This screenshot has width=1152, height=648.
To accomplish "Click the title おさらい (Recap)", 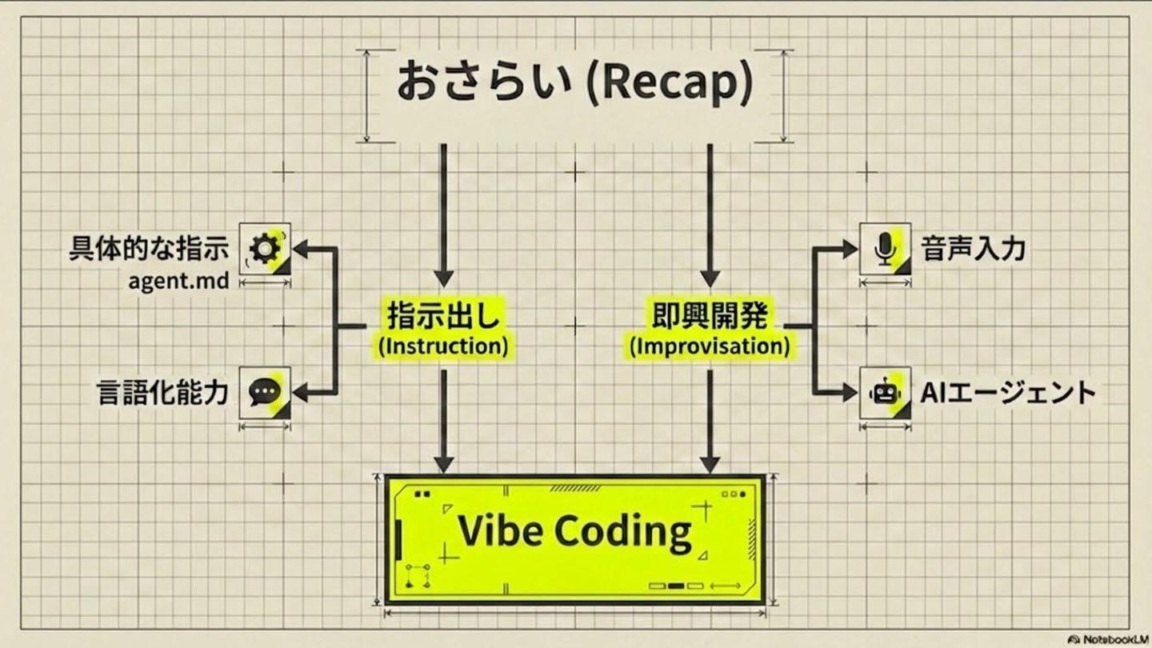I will tap(574, 83).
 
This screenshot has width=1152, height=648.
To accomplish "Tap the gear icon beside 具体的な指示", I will tap(266, 249).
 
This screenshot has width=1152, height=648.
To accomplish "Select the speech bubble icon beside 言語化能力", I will tap(265, 392).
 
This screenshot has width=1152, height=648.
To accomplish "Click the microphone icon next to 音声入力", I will tap(884, 249).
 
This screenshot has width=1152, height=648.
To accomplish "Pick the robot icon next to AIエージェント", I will tap(884, 392).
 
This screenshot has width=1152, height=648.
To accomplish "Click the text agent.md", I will tap(178, 282).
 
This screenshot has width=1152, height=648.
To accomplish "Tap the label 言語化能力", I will tap(162, 393).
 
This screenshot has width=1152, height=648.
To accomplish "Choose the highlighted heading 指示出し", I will tap(443, 316).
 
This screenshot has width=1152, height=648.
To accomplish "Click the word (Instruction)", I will tap(443, 347).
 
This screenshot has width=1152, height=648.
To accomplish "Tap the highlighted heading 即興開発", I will tap(709, 316).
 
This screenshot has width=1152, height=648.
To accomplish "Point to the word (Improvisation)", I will tap(709, 347).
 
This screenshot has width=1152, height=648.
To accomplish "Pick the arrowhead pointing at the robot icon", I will tap(849, 392).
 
